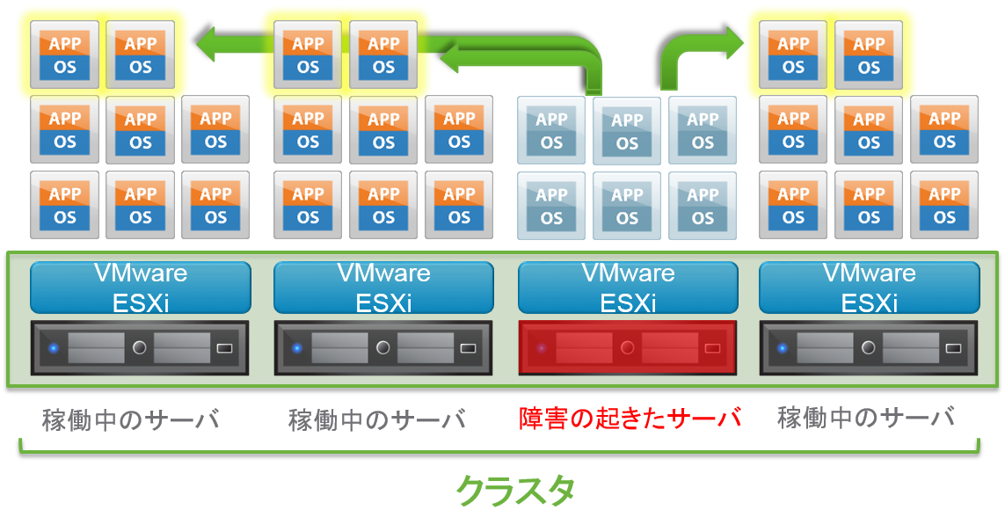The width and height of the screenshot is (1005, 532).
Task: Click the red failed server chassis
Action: [627, 347]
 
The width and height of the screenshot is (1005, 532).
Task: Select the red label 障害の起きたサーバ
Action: [630, 418]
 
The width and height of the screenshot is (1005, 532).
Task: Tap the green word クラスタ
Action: [515, 491]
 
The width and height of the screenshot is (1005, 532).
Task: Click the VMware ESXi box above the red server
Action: [628, 288]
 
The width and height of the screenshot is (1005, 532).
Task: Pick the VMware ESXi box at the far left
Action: [141, 288]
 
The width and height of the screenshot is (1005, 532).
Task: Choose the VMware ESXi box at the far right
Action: [869, 288]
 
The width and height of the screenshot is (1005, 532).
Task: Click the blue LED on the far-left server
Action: [53, 348]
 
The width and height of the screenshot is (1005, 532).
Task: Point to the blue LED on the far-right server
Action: [782, 348]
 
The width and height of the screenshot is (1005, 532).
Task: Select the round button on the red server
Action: [627, 347]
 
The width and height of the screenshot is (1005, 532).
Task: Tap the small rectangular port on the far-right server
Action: [953, 348]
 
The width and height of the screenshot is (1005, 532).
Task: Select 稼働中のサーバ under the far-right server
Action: [866, 418]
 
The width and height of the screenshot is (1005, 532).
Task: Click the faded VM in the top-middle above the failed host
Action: [627, 131]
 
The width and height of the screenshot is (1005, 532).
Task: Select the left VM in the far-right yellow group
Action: [793, 55]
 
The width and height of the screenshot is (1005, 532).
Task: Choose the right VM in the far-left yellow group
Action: [141, 55]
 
